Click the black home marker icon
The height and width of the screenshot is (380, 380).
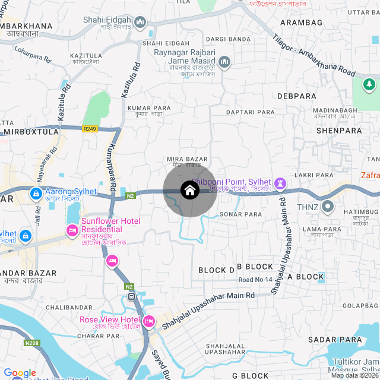[x=189, y=190]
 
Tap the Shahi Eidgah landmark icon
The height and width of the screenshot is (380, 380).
[x=141, y=23]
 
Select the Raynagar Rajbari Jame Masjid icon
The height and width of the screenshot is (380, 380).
[x=224, y=62]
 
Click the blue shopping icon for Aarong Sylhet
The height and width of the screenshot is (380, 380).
[x=36, y=193]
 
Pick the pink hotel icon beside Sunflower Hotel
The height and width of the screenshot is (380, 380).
[x=72, y=230]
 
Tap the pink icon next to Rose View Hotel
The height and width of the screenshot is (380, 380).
[x=149, y=321]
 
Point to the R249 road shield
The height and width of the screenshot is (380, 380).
[x=90, y=128]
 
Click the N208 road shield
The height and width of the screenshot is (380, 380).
[x=31, y=343]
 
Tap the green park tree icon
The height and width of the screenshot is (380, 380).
[x=369, y=85]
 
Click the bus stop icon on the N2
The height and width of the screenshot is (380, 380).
[x=131, y=296]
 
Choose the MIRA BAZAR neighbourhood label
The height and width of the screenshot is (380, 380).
[x=188, y=159]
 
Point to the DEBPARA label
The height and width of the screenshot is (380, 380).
[x=296, y=96]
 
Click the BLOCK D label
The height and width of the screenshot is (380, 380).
[x=216, y=270]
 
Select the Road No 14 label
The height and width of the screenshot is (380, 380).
[x=255, y=280]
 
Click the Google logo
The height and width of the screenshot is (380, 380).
[x=20, y=372]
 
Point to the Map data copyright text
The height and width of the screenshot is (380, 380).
[x=354, y=375]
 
